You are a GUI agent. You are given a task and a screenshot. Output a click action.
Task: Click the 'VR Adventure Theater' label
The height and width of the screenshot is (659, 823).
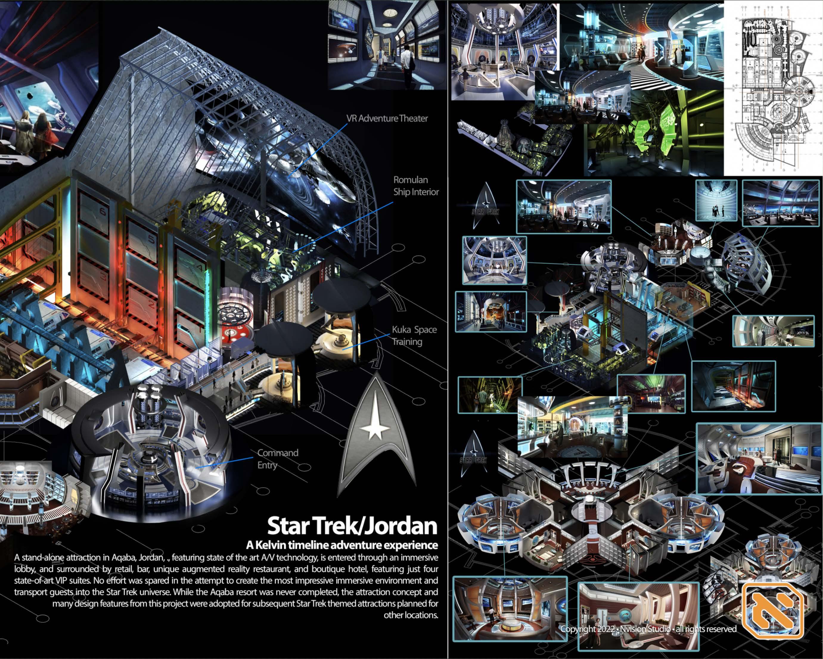coord(387,119)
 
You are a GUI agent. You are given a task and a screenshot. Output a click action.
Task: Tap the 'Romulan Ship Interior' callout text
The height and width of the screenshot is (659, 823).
coord(416,186)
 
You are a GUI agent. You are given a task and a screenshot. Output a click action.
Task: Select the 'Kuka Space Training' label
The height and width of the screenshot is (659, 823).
coord(414,335)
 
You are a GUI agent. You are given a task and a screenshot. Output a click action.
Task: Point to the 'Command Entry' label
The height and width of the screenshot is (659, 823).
coord(277,459)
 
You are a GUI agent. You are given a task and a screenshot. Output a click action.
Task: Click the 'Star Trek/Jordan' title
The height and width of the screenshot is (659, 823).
coord(352,526)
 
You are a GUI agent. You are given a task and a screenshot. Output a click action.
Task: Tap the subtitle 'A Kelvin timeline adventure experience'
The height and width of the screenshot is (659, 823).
coord(342,545)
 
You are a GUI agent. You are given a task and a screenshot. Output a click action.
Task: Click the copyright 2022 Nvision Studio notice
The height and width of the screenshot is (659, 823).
coord(648,629)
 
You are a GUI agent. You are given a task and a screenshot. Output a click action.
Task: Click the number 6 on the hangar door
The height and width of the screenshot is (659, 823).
coord(103,210)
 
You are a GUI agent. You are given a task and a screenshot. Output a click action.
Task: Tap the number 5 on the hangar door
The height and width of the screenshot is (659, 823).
coord(151,239)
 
